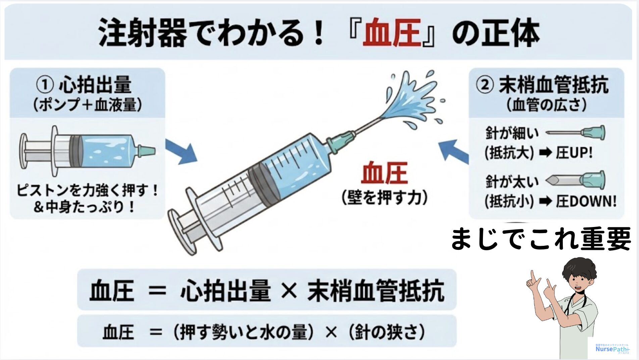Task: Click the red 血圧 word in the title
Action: click(392, 33)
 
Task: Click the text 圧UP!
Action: click(574, 153)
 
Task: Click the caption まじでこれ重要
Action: click(541, 239)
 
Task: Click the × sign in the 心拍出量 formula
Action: click(289, 291)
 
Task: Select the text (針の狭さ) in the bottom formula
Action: click(386, 332)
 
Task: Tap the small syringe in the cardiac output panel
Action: click(87, 151)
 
